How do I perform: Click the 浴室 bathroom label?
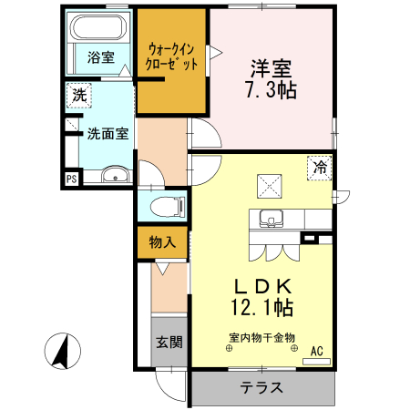[100, 57]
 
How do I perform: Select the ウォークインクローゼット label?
[172, 57]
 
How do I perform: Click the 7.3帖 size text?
[271, 90]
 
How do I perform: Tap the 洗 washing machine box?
[79, 95]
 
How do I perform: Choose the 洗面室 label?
[108, 133]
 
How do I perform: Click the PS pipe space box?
[70, 179]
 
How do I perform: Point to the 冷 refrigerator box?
[320, 168]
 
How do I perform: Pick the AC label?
[317, 351]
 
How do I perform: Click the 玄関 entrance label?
[168, 343]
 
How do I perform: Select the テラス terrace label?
[261, 387]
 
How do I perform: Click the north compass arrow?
[62, 351]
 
